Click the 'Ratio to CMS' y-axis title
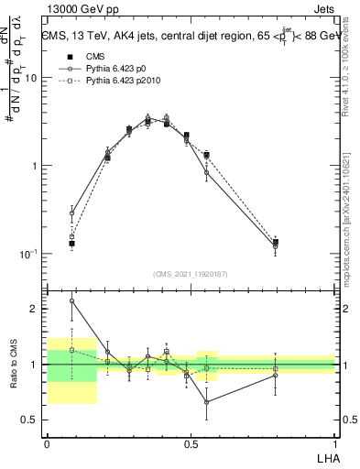point(14,365)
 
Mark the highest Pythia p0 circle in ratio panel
point(71,300)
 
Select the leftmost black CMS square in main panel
point(71,244)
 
